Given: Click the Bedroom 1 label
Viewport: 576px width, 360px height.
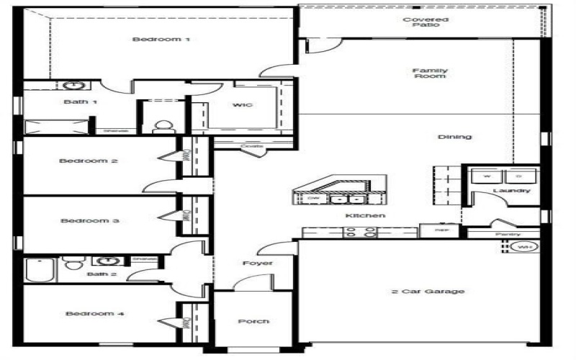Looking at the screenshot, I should point(161,39).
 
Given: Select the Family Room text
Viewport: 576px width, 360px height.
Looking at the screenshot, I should point(429,73).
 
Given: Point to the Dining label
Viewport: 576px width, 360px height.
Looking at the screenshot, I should point(454,137).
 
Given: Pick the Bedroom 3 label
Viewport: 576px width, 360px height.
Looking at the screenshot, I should point(89,221).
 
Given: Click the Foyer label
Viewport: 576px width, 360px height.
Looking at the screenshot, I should point(257,264).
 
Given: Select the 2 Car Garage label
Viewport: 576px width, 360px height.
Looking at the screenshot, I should point(428,292).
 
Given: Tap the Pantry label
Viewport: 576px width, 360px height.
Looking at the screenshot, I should point(508,235).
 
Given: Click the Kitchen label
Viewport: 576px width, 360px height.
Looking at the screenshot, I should point(365,215).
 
